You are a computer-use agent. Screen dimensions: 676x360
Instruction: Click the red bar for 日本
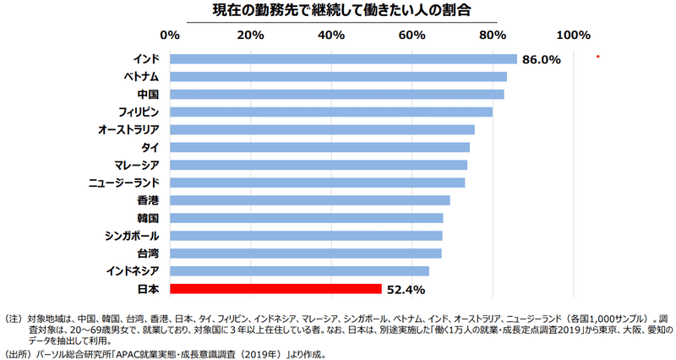pos(276,289)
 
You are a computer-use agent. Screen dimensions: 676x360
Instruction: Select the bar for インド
pos(343,59)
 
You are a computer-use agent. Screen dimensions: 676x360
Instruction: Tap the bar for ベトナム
pos(339,77)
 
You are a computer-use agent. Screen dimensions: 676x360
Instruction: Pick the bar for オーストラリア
pos(323,130)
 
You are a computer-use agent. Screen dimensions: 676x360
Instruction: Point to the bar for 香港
pos(310,200)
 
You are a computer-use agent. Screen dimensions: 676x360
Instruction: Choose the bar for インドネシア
pos(300,271)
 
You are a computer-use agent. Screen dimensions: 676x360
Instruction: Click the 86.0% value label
pos(542,59)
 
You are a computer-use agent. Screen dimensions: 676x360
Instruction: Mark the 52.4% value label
pos(406,290)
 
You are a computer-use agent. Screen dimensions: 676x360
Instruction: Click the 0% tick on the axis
pos(170,35)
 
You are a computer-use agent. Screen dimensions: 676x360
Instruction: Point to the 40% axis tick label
pos(331,35)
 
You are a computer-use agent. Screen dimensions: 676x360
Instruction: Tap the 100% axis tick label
pos(574,35)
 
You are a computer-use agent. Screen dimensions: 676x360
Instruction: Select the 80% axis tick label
pos(493,35)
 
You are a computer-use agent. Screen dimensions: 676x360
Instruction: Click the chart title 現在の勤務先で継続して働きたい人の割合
pos(341,10)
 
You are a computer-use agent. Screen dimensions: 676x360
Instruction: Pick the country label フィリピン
pos(139,112)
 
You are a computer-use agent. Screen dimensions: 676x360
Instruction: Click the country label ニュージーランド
pos(123,183)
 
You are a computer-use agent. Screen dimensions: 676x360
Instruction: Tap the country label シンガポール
pos(132,237)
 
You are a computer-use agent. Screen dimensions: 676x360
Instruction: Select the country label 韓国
pos(149,218)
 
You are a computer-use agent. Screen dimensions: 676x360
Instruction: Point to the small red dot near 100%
pos(598,57)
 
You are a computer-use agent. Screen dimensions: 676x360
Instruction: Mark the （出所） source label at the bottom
pos(16,355)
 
